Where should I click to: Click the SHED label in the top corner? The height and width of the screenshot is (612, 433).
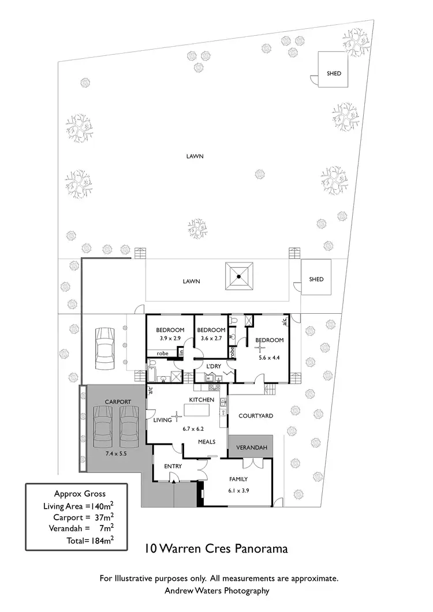pyautogui.click(x=334, y=73)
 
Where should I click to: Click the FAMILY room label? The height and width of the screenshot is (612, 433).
pyautogui.click(x=238, y=479)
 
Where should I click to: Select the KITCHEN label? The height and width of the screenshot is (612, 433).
pyautogui.click(x=202, y=400)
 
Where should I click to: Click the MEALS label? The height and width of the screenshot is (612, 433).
pyautogui.click(x=206, y=442)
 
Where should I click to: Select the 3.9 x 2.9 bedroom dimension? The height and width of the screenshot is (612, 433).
pyautogui.click(x=169, y=338)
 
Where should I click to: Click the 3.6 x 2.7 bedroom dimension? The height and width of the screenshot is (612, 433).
pyautogui.click(x=212, y=338)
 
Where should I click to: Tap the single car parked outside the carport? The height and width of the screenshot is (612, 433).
pyautogui.click(x=105, y=349)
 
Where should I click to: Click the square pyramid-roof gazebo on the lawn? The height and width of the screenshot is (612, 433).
pyautogui.click(x=240, y=279)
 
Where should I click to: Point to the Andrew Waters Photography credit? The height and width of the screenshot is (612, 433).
pyautogui.click(x=216, y=591)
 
